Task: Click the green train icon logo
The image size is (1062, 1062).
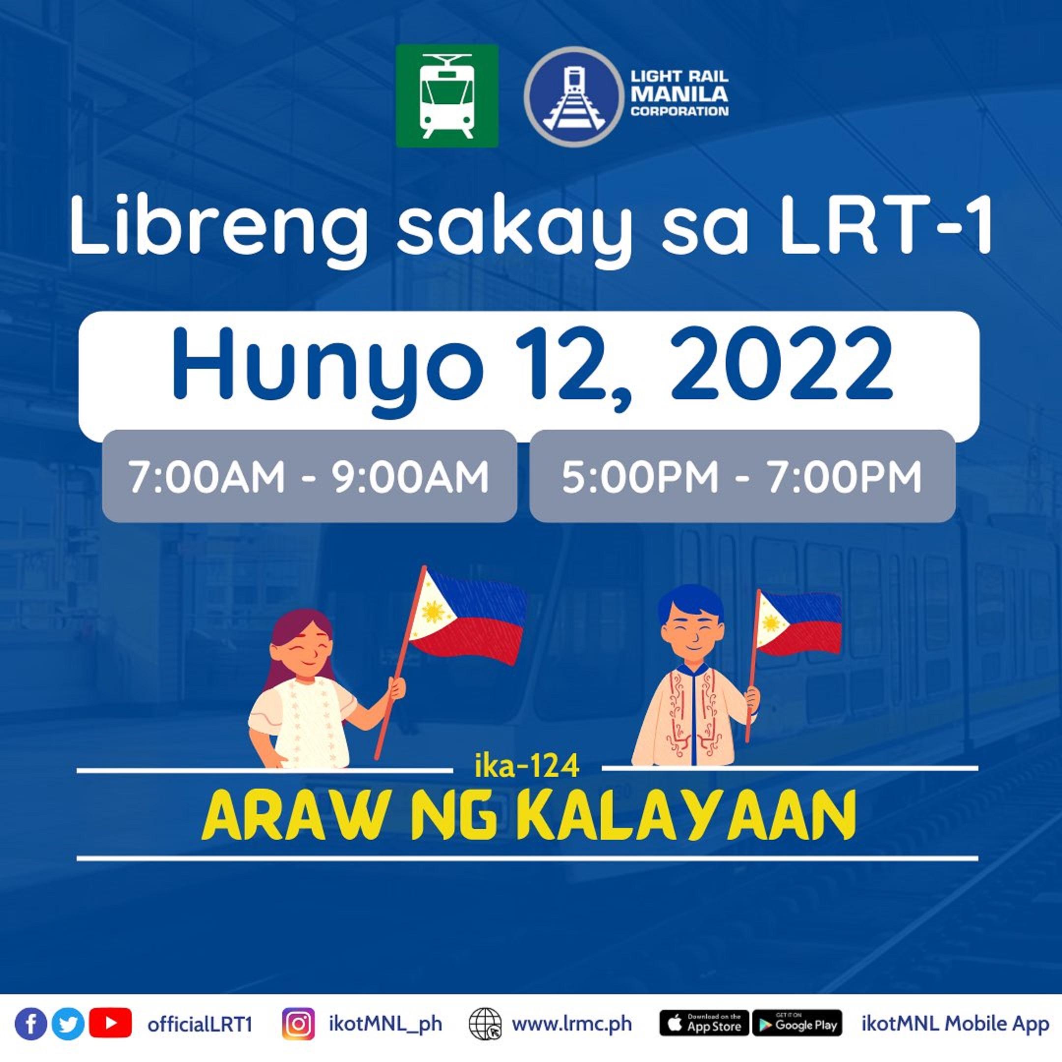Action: pos(447,96)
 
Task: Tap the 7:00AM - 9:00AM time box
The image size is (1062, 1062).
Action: pos(309,476)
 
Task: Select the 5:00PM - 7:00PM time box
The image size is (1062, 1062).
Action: pos(741,476)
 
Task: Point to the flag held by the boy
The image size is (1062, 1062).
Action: pos(799,623)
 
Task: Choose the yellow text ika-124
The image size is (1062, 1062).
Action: pos(527,766)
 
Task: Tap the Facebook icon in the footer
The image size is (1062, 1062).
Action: pos(31,1024)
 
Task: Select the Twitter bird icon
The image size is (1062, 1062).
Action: pos(68,1024)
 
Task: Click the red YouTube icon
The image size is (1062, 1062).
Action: pos(110,1023)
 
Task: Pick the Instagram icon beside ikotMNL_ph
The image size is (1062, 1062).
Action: pos(298,1024)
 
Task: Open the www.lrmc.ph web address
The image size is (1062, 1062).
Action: pos(572,1024)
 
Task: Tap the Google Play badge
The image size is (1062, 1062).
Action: pos(796,1024)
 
